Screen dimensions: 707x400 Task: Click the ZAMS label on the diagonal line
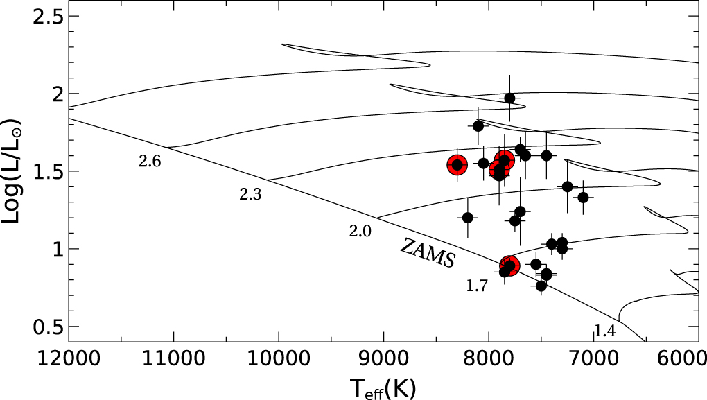(428, 252)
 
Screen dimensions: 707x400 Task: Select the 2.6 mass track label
(150, 162)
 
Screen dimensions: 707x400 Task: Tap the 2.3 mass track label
(250, 194)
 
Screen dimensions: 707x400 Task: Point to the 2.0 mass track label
(360, 231)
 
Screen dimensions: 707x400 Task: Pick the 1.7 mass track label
(477, 286)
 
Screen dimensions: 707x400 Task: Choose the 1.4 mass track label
(604, 331)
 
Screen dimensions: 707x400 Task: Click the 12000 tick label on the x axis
(69, 359)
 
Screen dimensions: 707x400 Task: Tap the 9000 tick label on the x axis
(384, 359)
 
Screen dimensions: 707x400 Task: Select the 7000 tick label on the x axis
(594, 359)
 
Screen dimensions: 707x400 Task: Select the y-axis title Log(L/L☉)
(11, 171)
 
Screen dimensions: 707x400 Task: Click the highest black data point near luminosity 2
(509, 98)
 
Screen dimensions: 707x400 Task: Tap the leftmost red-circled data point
(457, 165)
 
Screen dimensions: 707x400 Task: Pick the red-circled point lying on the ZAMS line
(509, 266)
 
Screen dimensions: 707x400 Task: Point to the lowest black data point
(541, 286)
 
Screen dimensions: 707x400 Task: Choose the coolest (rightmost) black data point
(583, 198)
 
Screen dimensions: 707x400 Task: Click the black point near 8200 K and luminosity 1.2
(468, 218)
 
